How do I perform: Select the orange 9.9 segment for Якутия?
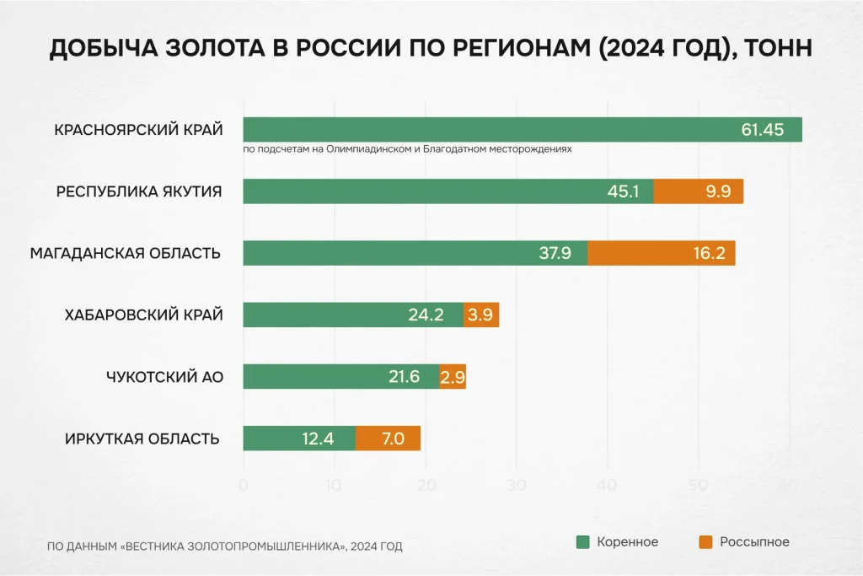[699, 191]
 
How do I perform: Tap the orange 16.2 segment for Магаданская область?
[662, 253]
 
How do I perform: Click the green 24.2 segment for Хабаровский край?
[353, 315]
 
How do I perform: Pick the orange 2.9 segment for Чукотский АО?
[453, 377]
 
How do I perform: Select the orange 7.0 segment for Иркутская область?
[388, 439]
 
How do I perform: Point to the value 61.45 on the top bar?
[762, 130]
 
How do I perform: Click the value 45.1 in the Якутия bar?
[624, 191]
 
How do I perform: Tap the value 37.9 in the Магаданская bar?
[555, 253]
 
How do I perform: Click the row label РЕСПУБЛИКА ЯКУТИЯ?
[139, 191]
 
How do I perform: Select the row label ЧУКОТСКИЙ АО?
[165, 377]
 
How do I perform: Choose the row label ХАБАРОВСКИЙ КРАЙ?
[144, 315]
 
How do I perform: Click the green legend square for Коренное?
[582, 542]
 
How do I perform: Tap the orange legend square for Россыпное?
[705, 542]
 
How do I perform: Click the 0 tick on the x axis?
[244, 485]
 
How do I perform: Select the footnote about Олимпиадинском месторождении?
[407, 148]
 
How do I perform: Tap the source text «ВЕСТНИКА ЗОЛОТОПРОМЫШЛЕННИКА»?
[233, 546]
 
